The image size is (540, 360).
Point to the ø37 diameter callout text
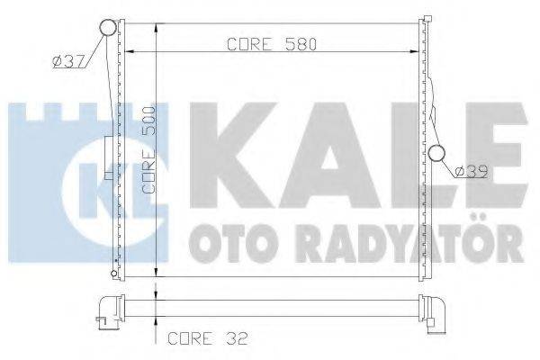(x=68, y=61)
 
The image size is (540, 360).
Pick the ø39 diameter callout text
(x=471, y=170)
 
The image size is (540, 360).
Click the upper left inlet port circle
(x=108, y=27)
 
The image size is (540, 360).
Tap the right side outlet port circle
(x=437, y=154)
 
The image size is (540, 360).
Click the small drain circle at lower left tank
(x=112, y=271)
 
